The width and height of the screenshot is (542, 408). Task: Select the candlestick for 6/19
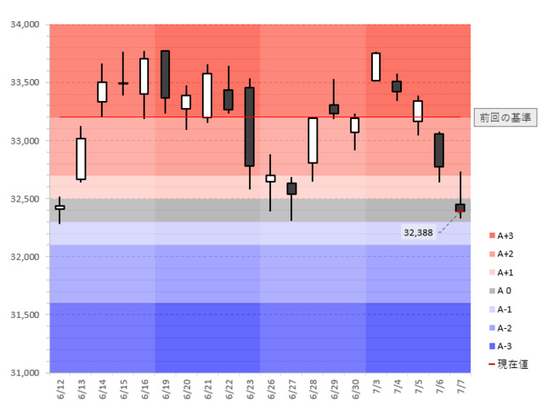pos(165,74)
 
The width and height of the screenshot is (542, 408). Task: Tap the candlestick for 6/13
pos(81,158)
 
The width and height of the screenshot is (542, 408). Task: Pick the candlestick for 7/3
pos(375,66)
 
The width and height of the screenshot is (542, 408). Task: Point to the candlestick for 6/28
pos(313,140)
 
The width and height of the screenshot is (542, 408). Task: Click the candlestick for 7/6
pos(438,150)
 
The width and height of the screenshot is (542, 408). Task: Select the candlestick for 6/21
pos(207,95)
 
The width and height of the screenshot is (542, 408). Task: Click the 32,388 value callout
pos(418,231)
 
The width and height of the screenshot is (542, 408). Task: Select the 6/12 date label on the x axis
pos(60,390)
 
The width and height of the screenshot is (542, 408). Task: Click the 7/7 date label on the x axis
pos(460,390)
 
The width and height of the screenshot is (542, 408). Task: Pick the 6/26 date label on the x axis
pos(271,390)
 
